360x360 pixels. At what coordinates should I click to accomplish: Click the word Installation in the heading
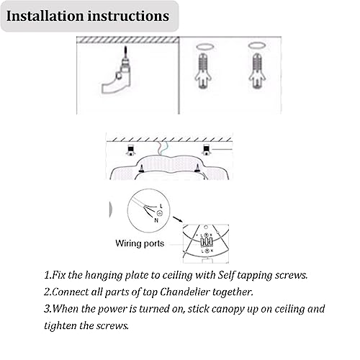[45, 16]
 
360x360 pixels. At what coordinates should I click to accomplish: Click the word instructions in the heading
[128, 16]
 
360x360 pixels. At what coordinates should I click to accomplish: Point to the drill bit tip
[125, 47]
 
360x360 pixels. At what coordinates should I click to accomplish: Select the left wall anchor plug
[203, 70]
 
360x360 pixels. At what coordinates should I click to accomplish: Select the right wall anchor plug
[257, 70]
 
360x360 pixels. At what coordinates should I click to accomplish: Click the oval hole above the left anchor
[204, 46]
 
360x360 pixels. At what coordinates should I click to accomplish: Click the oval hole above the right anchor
[256, 45]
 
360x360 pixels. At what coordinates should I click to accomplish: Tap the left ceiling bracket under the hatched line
[130, 150]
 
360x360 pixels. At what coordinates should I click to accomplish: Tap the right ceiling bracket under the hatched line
[206, 150]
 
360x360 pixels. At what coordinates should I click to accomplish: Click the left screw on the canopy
[141, 168]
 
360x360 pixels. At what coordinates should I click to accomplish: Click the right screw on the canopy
[197, 168]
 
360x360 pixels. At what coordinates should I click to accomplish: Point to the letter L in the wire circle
[161, 206]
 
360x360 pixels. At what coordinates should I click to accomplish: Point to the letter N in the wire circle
[156, 220]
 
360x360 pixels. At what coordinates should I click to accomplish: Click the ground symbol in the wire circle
[160, 213]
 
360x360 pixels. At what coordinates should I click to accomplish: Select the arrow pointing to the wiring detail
[178, 220]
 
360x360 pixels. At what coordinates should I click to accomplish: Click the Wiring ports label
[140, 243]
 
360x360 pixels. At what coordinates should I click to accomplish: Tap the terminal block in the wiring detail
[207, 242]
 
